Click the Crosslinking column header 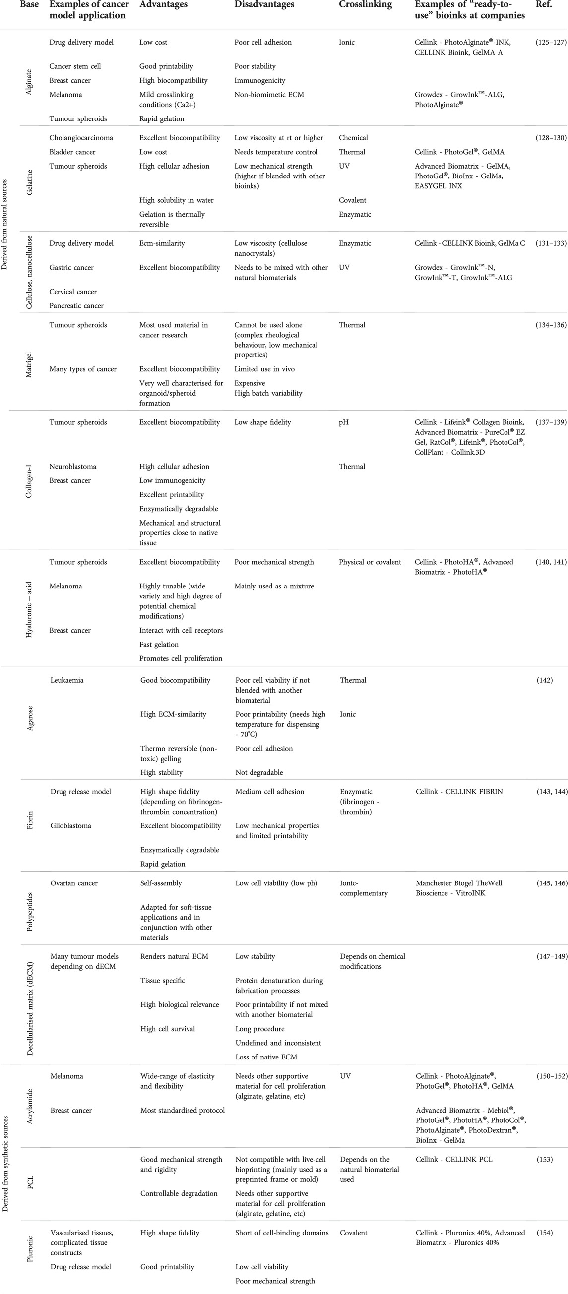pyautogui.click(x=365, y=5)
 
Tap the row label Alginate pyautogui.click(x=29, y=82)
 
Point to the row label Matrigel pyautogui.click(x=29, y=365)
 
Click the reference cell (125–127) pyautogui.click(x=551, y=42)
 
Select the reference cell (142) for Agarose pyautogui.click(x=544, y=680)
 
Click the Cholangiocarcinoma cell pyautogui.click(x=81, y=138)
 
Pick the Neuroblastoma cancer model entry pyautogui.click(x=72, y=466)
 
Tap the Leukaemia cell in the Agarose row pyautogui.click(x=67, y=680)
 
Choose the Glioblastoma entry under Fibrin pyautogui.click(x=71, y=826)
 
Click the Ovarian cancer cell pyautogui.click(x=74, y=883)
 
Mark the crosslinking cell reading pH pyautogui.click(x=344, y=422)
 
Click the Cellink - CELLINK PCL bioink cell pyautogui.click(x=454, y=1159)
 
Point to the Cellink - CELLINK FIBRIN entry pyautogui.click(x=459, y=792)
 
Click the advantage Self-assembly pyautogui.click(x=161, y=883)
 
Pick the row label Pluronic pyautogui.click(x=30, y=1249)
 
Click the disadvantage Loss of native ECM pyautogui.click(x=266, y=1057)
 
